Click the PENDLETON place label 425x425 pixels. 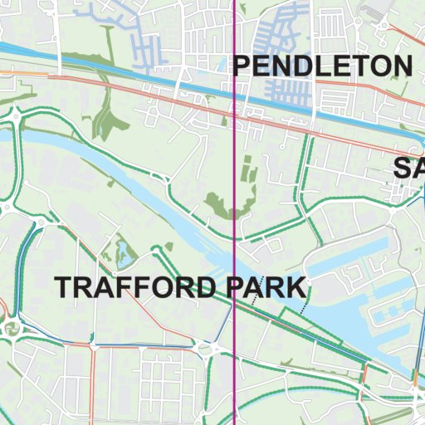click(322, 66)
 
